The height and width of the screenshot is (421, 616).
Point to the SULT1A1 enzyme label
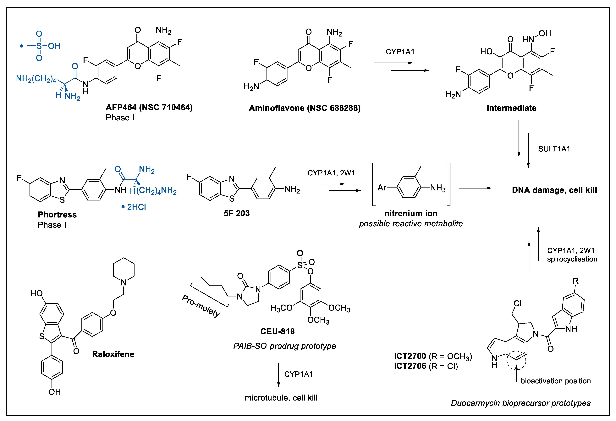tap(554, 149)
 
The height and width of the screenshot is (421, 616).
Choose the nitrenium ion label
tap(411, 213)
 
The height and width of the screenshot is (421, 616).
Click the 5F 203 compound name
tap(237, 213)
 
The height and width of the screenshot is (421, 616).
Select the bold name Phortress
tap(57, 215)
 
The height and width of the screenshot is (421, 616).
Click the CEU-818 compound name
tap(278, 331)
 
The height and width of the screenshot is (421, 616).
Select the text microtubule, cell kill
tap(281, 398)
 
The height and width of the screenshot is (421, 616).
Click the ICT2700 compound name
tap(410, 356)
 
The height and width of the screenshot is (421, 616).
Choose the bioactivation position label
tap(556, 381)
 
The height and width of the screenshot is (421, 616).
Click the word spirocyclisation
tap(572, 259)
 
